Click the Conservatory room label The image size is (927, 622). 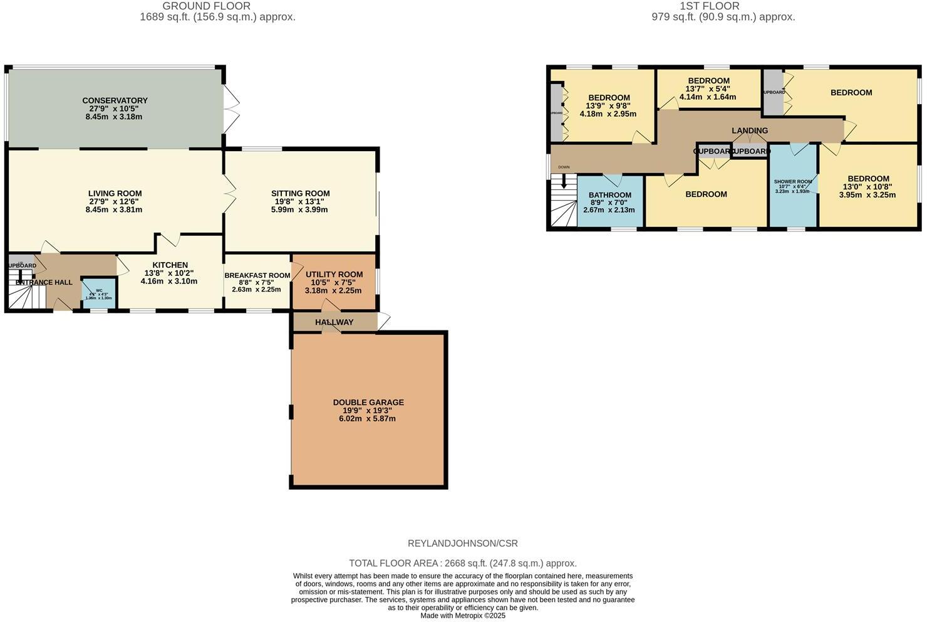click(115, 100)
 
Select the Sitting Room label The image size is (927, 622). click(300, 193)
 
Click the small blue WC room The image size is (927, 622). click(99, 293)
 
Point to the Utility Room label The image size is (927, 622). click(334, 274)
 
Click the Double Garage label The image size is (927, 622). click(368, 402)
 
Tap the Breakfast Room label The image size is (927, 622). click(257, 275)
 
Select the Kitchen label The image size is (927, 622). click(170, 265)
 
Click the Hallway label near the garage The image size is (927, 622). click(334, 322)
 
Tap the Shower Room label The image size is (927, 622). click(792, 181)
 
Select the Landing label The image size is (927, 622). click(749, 130)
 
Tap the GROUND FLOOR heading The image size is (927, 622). click(206, 6)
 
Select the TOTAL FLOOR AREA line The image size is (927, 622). click(462, 563)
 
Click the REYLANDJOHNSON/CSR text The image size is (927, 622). click(462, 544)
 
